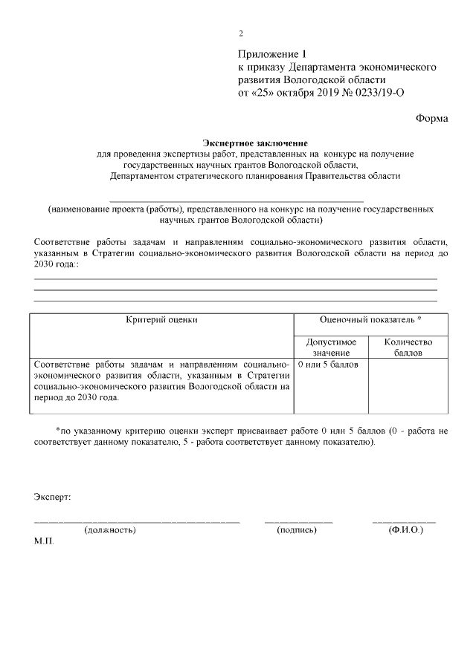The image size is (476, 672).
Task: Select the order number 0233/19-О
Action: point(379,93)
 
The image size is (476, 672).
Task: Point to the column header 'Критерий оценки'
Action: point(161,320)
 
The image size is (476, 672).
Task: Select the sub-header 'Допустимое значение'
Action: point(331,348)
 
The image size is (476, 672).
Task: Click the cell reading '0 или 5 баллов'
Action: point(328,365)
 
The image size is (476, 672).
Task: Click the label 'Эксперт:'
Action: point(53,496)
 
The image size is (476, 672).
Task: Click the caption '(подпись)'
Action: point(297,530)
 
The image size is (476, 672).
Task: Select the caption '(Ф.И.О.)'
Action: point(405,530)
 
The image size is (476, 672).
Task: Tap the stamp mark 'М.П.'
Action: point(44,542)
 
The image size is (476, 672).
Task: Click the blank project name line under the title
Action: point(237,201)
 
